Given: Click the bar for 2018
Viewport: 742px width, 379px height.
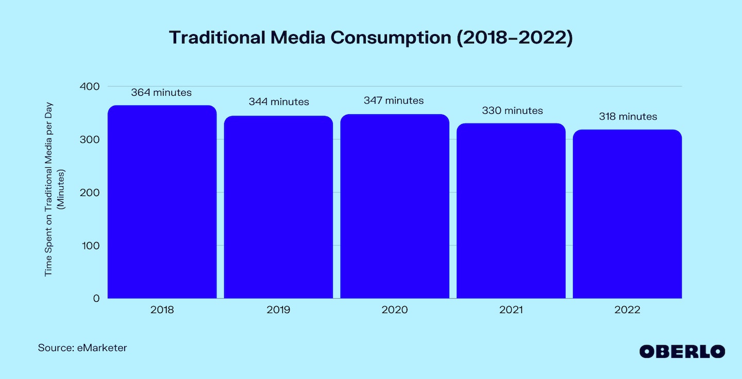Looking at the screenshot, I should tap(162, 202).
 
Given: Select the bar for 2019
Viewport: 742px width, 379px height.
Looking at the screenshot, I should tap(278, 207).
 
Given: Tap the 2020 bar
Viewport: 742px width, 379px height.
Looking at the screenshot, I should tap(395, 206).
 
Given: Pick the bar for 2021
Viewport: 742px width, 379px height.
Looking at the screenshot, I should tap(511, 211).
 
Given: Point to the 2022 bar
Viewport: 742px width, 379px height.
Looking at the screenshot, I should tap(627, 214).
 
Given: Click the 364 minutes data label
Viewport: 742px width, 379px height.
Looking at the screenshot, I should tap(161, 93).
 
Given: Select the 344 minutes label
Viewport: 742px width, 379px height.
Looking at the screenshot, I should tap(279, 102).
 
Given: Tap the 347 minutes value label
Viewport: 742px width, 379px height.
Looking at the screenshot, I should tap(394, 100).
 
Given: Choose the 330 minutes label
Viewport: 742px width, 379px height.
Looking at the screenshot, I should tap(512, 111).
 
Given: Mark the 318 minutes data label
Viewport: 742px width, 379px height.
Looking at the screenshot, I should tap(628, 117).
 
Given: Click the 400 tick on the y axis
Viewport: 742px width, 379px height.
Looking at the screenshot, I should tap(89, 87).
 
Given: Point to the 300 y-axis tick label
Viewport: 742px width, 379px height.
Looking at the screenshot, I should tap(89, 140).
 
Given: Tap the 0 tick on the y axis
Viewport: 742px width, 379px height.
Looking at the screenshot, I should tap(96, 298).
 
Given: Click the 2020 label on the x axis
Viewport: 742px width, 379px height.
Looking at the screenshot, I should tap(395, 310).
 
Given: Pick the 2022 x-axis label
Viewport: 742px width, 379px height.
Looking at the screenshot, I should tap(627, 310).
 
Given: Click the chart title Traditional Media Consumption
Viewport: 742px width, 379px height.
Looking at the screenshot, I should tap(371, 38).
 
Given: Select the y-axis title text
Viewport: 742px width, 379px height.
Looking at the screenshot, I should tap(55, 193).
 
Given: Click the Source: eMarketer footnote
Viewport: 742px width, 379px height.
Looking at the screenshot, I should tap(82, 348).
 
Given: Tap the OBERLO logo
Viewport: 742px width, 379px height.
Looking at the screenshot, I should tap(682, 352).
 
